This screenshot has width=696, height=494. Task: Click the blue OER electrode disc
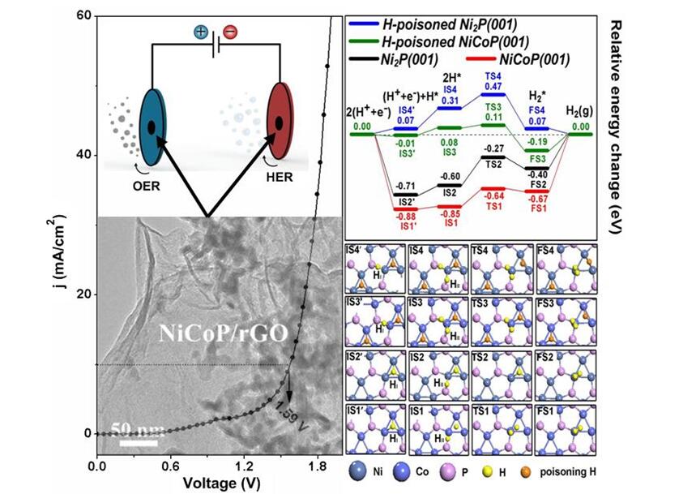(152, 127)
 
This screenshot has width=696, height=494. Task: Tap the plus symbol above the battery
(200, 32)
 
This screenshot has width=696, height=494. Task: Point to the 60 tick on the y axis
(81, 16)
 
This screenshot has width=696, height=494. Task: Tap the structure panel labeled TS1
(502, 427)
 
